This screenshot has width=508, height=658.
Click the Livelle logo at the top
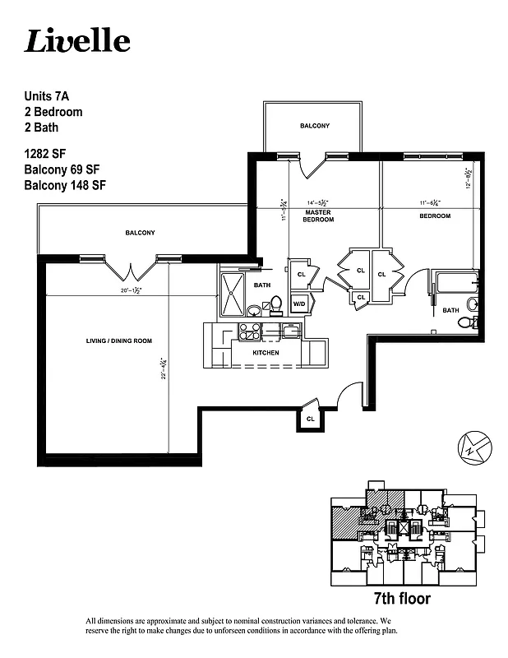[77, 40]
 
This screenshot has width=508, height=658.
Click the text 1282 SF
[48, 154]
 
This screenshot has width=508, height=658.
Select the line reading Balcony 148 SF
[66, 185]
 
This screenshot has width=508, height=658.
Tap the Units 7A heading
[47, 96]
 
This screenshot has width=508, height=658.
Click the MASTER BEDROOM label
[317, 216]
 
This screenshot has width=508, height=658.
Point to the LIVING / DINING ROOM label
[119, 341]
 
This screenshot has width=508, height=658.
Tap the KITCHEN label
[266, 353]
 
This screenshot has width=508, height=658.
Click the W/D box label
[299, 304]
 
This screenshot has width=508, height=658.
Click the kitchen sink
[291, 331]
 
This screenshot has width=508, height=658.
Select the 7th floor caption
[401, 598]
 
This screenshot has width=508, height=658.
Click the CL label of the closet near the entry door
[310, 418]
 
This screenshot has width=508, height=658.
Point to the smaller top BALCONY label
[314, 126]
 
